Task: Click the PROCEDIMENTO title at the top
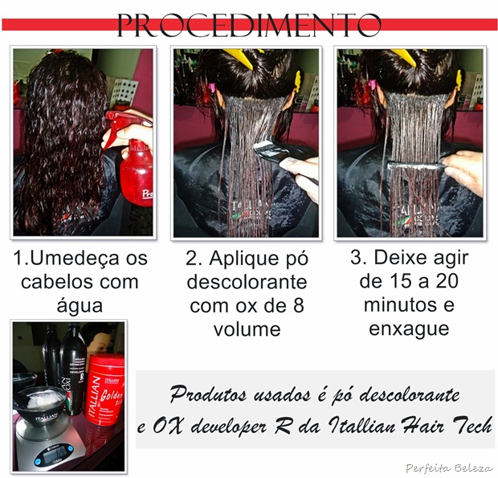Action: pos(249,26)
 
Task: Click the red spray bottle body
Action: pos(137,174)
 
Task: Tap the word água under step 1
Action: pos(80,305)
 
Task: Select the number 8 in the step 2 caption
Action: pos(299,305)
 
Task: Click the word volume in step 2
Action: pos(247,329)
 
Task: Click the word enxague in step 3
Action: pos(409,329)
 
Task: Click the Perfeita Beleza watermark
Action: pos(449,468)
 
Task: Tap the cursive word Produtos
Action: pos(208,394)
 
